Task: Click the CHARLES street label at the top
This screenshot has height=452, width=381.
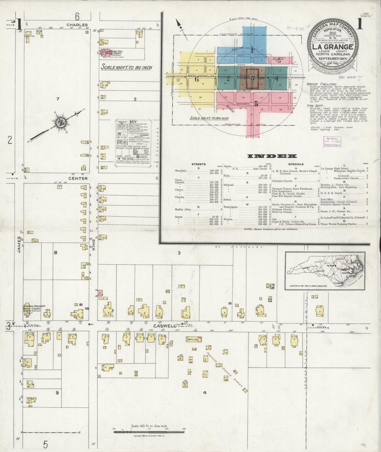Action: [x=77, y=25]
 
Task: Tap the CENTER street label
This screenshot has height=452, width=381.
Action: [x=78, y=178]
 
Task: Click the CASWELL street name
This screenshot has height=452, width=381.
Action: [x=161, y=326]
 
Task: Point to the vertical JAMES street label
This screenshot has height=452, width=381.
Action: [x=19, y=244]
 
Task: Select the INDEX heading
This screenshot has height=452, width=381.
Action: [x=272, y=156]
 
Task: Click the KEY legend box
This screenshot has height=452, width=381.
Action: [x=133, y=143]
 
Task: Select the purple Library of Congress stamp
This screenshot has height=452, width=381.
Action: [x=332, y=141]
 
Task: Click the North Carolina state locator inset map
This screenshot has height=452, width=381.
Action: [x=325, y=271]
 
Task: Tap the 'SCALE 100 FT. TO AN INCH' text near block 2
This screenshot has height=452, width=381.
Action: [x=127, y=67]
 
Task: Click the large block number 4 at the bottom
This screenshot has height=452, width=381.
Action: [x=204, y=392]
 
